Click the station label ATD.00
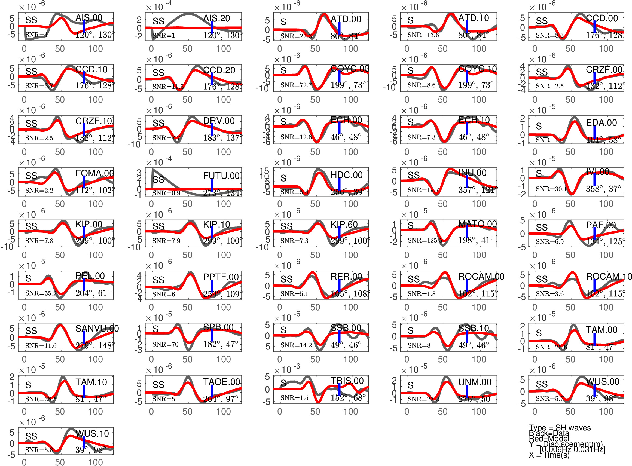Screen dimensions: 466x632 click(346, 19)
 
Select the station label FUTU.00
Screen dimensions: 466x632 click(221, 176)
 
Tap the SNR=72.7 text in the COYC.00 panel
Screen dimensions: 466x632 click(296, 85)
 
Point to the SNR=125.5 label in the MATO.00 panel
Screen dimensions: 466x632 click(425, 240)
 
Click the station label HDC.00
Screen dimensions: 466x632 click(346, 175)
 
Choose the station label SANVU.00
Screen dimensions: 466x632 click(97, 328)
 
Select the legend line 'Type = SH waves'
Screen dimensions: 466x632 click(560, 428)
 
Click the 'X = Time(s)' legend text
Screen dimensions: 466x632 click(549, 455)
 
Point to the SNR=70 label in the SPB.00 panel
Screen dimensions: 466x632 click(165, 344)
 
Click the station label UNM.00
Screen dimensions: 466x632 click(475, 382)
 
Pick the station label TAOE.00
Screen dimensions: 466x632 click(221, 382)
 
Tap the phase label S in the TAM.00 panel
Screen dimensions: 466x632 click(539, 333)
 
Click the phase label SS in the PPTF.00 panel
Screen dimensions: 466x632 click(158, 280)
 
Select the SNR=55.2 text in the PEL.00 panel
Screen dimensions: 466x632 click(41, 293)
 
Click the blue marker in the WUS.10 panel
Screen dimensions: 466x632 click(84, 442)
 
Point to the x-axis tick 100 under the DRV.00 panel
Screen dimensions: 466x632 click(224, 152)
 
